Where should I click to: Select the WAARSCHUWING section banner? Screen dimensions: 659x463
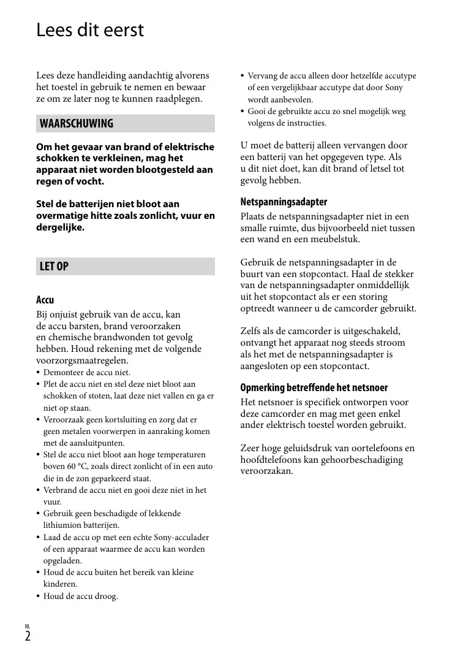(125, 123)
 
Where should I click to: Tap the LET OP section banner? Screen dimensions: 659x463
(125, 266)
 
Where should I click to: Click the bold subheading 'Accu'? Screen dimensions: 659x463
(45, 300)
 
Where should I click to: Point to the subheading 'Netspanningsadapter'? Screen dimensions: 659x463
(284, 202)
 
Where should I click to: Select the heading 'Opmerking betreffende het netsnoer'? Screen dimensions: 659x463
(314, 387)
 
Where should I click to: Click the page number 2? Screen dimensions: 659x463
(28, 636)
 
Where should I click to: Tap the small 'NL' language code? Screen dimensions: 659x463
(28, 626)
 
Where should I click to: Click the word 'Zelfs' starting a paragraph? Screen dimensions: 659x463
(252, 331)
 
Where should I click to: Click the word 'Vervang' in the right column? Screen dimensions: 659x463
(262, 76)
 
